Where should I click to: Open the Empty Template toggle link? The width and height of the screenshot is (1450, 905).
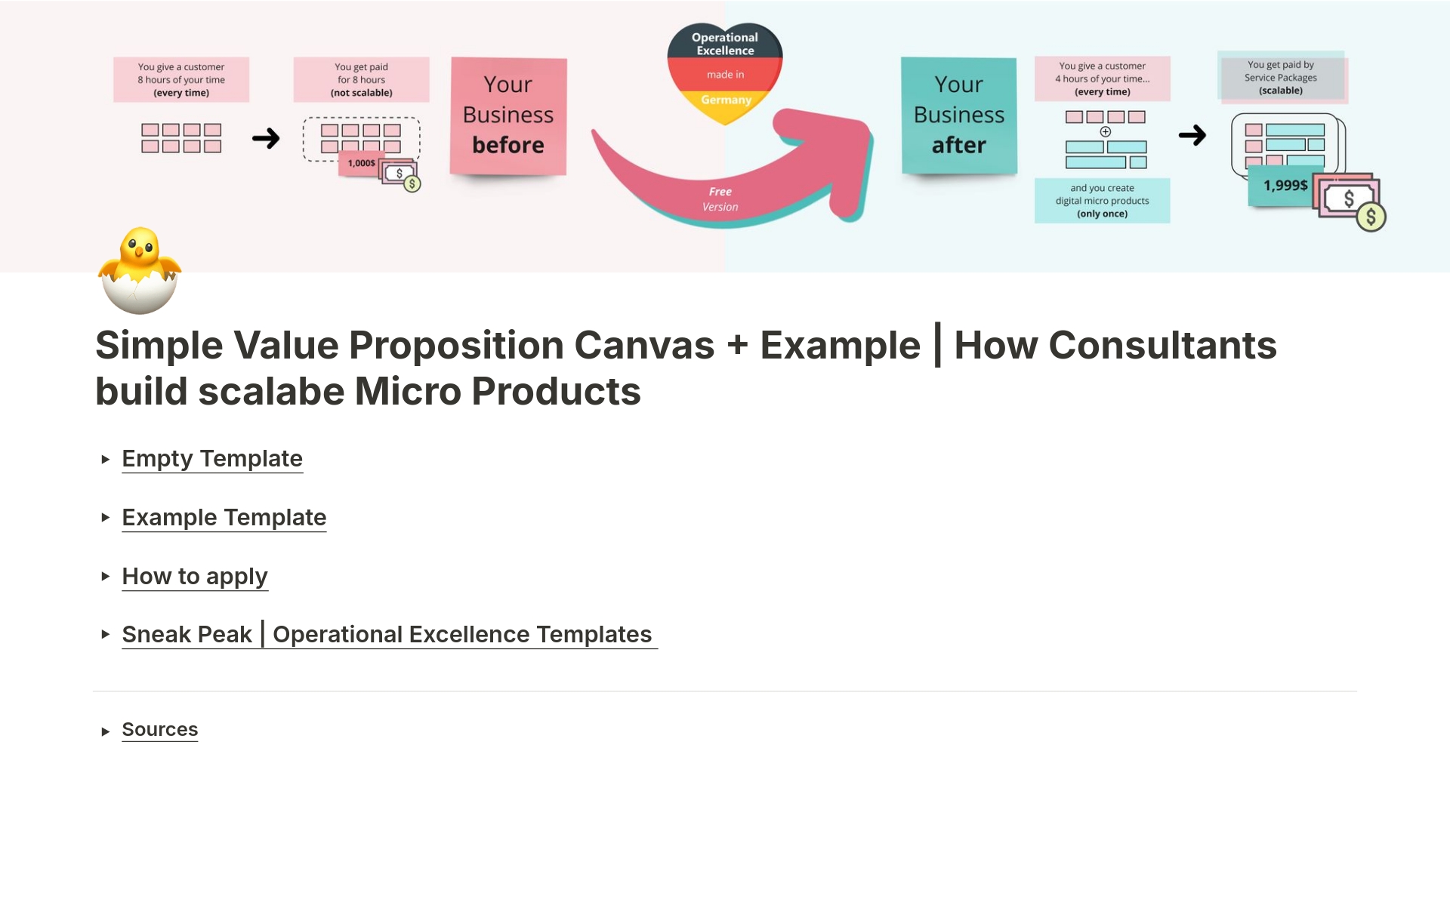(x=212, y=459)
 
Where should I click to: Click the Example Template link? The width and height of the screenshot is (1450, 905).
(x=224, y=518)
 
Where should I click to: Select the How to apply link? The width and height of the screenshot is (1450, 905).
(x=194, y=577)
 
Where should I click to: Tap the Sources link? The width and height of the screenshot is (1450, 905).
(x=159, y=730)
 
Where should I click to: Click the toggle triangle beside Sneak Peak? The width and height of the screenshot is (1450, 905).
(x=106, y=635)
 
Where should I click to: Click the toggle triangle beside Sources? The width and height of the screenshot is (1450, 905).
(x=106, y=731)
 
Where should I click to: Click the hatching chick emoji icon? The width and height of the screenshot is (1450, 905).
(x=140, y=270)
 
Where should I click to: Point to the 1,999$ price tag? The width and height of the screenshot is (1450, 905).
(x=1285, y=186)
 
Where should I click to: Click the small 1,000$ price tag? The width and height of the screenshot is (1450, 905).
(x=361, y=163)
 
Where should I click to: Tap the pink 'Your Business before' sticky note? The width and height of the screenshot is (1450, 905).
(x=508, y=115)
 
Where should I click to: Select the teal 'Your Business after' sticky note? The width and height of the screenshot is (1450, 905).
(x=958, y=115)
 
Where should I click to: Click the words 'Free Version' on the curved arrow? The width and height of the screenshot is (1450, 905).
(x=720, y=199)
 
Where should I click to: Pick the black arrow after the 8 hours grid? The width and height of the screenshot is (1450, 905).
(x=266, y=138)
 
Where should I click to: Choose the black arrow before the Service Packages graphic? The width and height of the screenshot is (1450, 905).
(x=1192, y=136)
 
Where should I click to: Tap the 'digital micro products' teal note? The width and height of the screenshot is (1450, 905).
(x=1102, y=201)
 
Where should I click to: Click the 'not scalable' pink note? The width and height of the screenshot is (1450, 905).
(x=361, y=80)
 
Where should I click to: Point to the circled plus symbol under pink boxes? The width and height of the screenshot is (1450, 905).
(x=1106, y=131)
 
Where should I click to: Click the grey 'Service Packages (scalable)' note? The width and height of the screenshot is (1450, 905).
(x=1281, y=77)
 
